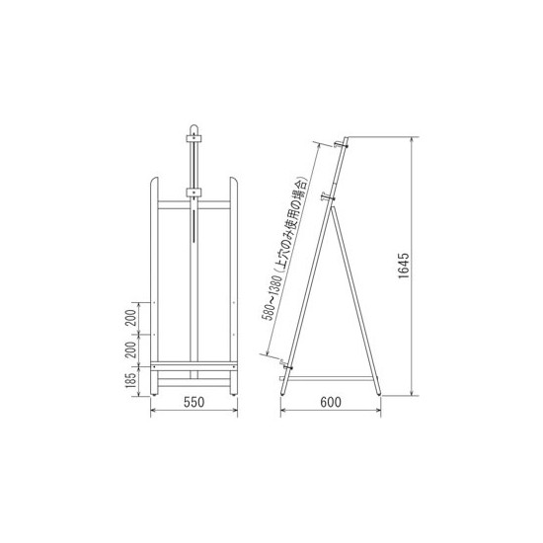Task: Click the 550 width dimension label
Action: [194, 402]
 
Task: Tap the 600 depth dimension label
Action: [331, 402]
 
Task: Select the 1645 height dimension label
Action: [404, 266]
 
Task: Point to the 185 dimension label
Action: [131, 380]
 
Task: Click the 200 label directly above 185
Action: [131, 350]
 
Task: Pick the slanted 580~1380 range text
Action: [271, 298]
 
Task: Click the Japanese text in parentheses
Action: [291, 226]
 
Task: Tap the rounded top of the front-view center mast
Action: [194, 127]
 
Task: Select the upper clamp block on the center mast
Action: [194, 138]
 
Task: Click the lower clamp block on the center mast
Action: [194, 193]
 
